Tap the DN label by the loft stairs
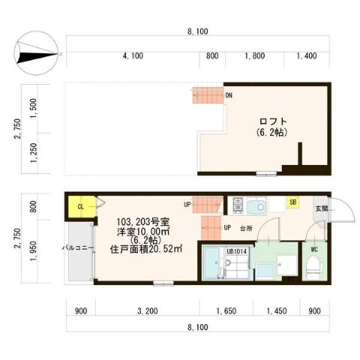pos(229,96)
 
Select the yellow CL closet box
pos(81,205)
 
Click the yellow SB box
pos(292,202)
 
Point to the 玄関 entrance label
pos(321,208)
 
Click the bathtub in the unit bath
pos(216,265)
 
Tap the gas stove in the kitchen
pos(238,205)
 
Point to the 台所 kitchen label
pos(245,227)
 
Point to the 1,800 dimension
pos(255,55)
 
